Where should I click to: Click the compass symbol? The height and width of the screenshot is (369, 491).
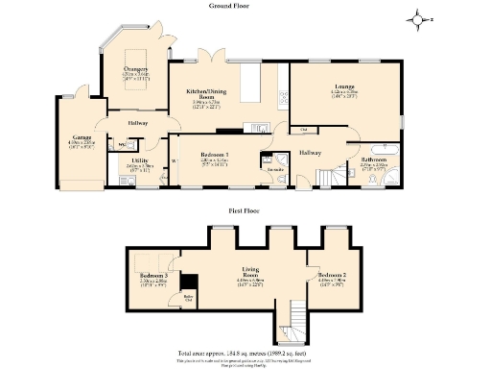(x=417, y=17)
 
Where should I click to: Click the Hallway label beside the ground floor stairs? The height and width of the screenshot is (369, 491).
(x=309, y=152)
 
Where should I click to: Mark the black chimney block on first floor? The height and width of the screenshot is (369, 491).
(x=189, y=283)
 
